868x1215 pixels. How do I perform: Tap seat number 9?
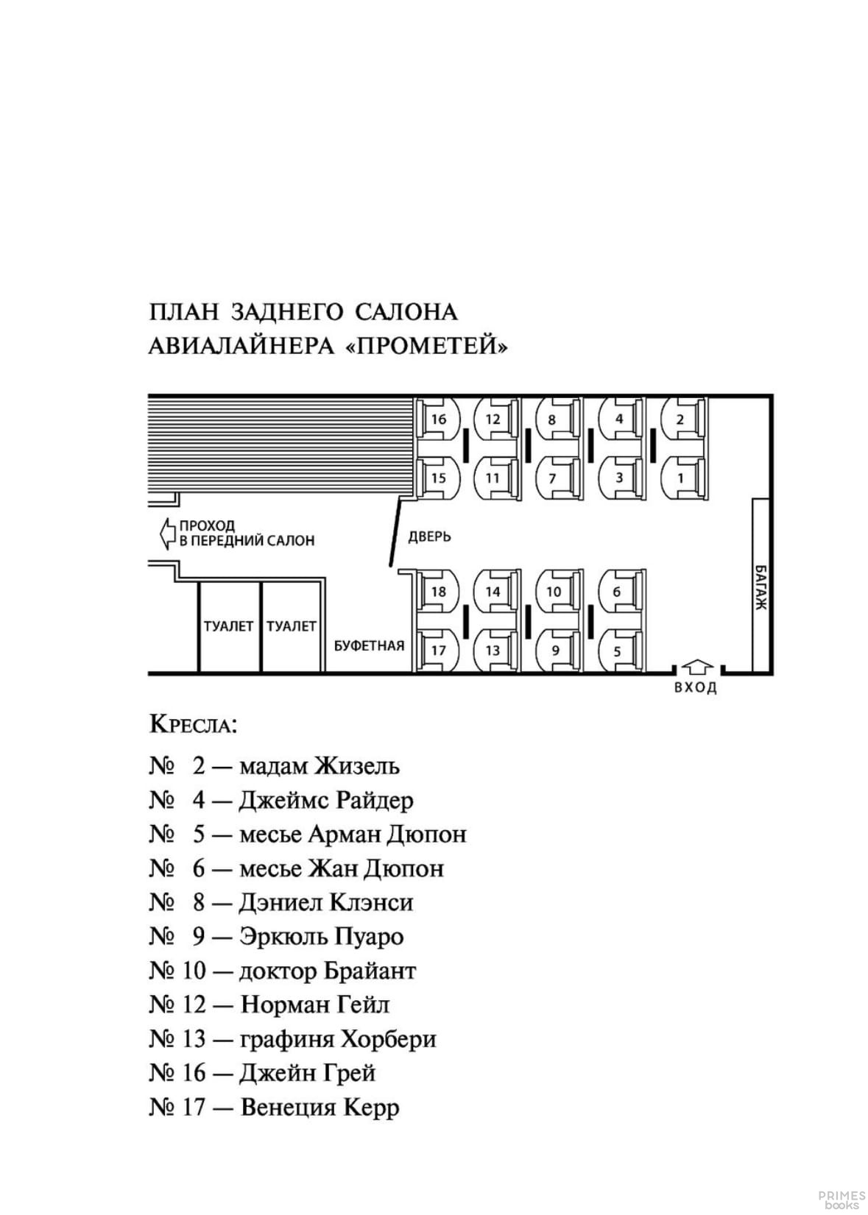pos(556,650)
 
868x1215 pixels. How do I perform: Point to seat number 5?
pos(618,650)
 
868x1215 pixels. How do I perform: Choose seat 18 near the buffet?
pos(437,591)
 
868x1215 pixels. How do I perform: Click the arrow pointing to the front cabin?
pos(166,534)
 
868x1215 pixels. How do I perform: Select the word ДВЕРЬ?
pos(429,536)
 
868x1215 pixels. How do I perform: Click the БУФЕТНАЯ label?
pos(369,645)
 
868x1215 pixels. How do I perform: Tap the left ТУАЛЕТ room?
pos(228,626)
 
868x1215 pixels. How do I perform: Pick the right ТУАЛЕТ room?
pos(292,626)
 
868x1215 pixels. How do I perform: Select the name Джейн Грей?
pos(307,1073)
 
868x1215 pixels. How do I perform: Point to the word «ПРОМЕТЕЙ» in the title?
pos(426,345)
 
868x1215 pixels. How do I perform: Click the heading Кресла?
pos(193,725)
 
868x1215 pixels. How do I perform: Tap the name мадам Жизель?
pos(320,766)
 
